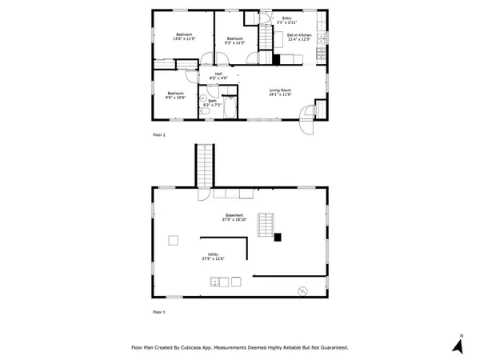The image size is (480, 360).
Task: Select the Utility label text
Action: pos(213,256)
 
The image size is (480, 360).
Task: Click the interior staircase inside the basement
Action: pos(266,225)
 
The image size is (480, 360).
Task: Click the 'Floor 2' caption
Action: pos(158,135)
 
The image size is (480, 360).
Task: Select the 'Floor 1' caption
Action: pos(158,311)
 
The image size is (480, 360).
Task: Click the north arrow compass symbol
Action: pos(458,344)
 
